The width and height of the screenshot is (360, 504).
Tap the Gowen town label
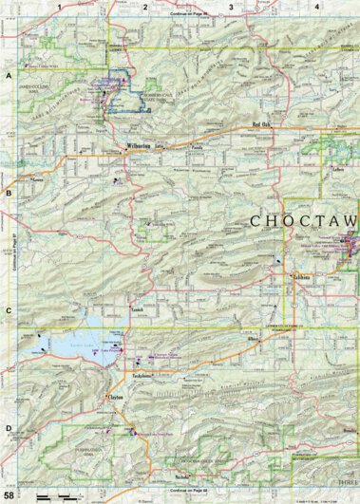click(x=38, y=177)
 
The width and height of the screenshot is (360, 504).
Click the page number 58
click(x=9, y=495)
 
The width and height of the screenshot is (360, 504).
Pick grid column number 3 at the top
click(x=230, y=7)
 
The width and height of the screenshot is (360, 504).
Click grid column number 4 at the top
click(x=315, y=7)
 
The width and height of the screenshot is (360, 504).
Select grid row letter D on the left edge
click(x=9, y=428)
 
